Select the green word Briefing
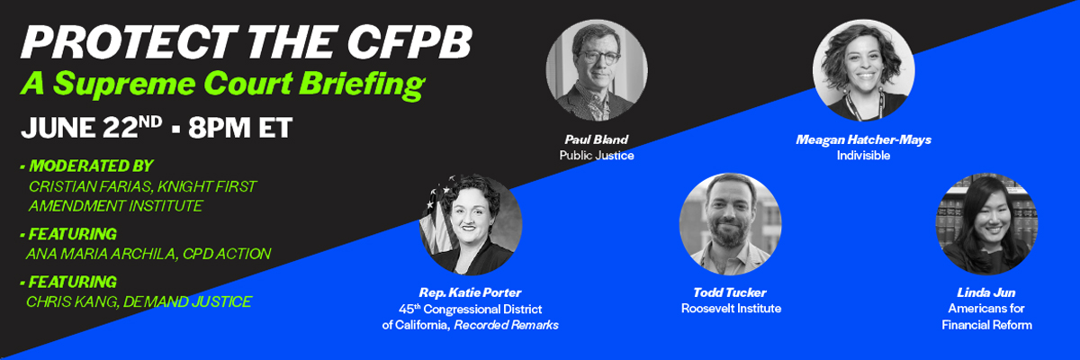[x=362, y=85]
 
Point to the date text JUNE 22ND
[x=92, y=128]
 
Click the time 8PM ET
[x=240, y=128]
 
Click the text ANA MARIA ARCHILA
[x=101, y=254]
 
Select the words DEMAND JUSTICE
[x=187, y=301]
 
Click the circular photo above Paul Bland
[x=597, y=70]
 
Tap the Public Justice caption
[x=597, y=156]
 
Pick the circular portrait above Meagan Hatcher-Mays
[x=863, y=70]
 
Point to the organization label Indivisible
[x=863, y=156]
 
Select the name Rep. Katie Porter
[x=470, y=292]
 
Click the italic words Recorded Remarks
[x=506, y=325]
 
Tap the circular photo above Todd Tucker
[x=731, y=224]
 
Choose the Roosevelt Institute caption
[x=731, y=309]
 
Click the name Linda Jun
[x=986, y=292]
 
